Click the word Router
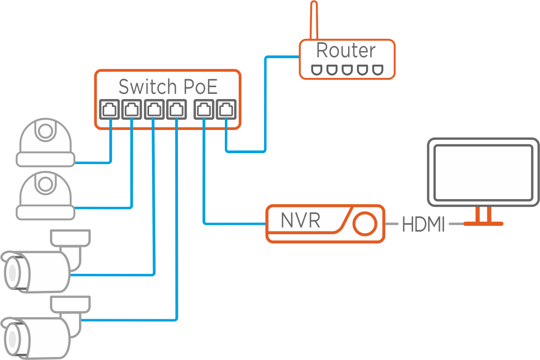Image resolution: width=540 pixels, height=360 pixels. tap(346, 51)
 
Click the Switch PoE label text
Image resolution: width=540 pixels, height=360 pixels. tap(168, 86)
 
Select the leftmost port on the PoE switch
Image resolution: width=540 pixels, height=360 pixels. tap(110, 109)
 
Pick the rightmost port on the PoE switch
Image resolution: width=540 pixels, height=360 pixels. tap(226, 109)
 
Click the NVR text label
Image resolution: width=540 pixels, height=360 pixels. tap(300, 221)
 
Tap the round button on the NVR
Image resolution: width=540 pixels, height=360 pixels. tap(365, 223)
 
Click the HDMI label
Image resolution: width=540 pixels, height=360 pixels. tap(423, 225)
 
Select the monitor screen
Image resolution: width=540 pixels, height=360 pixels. tap(483, 172)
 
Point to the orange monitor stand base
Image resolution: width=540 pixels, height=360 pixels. tap(483, 223)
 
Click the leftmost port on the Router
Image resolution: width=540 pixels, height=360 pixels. tap(316, 70)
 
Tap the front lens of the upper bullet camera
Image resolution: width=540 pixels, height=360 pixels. tap(11, 271)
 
